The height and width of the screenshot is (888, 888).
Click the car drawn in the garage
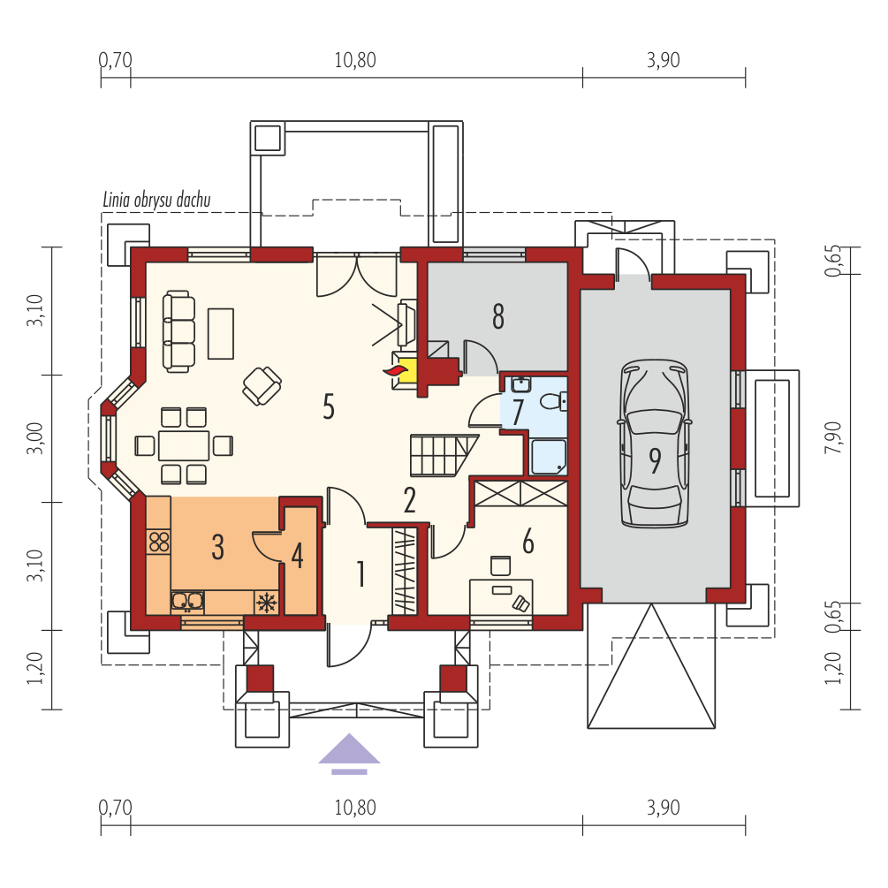coord(656,444)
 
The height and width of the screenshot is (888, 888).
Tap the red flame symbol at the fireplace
coord(396,370)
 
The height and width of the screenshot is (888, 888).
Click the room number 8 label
coord(498,316)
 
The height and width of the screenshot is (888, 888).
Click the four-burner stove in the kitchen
coord(159,541)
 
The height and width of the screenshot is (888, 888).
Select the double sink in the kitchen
coord(187,602)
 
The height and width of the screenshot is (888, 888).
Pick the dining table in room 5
coord(184,445)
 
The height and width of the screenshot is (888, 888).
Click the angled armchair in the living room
coord(262,385)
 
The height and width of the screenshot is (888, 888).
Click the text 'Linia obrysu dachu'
coord(157,200)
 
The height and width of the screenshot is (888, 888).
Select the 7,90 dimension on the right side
coord(833,437)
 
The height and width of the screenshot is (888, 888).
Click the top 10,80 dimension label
coord(355,60)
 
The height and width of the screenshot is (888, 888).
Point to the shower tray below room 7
coord(548,457)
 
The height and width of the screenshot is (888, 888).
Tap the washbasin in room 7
coord(520,384)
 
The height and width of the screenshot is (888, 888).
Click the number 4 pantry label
coord(297,556)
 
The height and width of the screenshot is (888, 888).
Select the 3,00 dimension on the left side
coord(35,438)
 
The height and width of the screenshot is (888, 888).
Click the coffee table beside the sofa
coord(221,334)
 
